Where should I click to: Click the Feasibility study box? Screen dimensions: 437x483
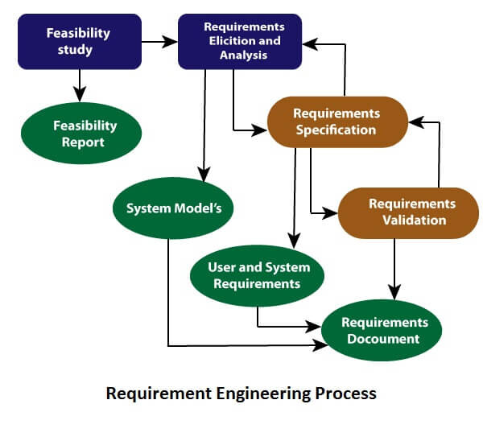79,41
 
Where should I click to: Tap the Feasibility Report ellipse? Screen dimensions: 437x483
84,134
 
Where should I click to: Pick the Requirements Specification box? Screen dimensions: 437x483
336,122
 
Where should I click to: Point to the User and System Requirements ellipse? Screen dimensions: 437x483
258,275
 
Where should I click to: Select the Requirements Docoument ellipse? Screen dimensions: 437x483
382,330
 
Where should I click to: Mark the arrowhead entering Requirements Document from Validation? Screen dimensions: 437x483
394,292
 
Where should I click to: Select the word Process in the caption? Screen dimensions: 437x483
342,394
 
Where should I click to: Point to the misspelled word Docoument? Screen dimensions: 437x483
383,339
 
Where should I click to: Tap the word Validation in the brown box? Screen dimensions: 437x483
414,220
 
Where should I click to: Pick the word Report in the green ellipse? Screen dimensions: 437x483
83,142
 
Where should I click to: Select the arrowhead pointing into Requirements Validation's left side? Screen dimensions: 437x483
331,213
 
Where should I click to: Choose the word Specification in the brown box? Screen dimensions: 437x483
336,130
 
